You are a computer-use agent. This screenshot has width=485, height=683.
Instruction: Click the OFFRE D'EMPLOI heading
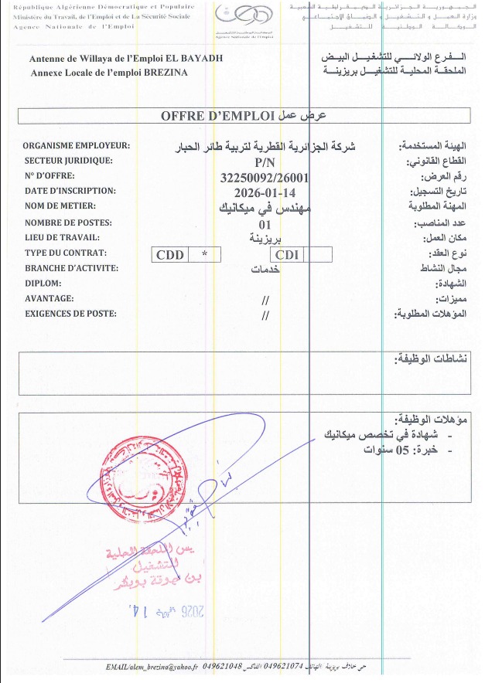click(x=217, y=117)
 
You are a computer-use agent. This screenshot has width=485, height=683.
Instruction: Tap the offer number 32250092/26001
click(x=265, y=177)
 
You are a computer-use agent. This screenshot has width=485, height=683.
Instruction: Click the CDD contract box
click(x=170, y=254)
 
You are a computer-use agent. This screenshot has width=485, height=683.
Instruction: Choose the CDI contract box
click(x=288, y=254)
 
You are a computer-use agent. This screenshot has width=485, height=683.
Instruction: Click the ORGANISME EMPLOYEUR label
click(x=76, y=146)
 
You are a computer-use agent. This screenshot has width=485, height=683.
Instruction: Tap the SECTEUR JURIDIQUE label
click(x=69, y=161)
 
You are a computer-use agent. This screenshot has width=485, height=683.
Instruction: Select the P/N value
click(x=265, y=163)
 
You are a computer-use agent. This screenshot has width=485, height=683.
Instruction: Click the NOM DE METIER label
click(x=60, y=206)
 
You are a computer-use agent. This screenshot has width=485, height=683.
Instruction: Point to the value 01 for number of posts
click(x=265, y=223)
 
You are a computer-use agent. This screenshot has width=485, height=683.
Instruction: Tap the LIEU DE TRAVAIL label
click(x=63, y=237)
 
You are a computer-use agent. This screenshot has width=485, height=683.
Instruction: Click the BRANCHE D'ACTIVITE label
click(x=70, y=267)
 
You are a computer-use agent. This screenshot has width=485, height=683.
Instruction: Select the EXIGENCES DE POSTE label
click(x=70, y=313)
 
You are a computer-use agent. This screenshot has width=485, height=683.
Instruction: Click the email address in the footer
click(x=152, y=666)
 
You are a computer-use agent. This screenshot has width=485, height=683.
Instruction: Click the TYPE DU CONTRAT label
click(x=66, y=253)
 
